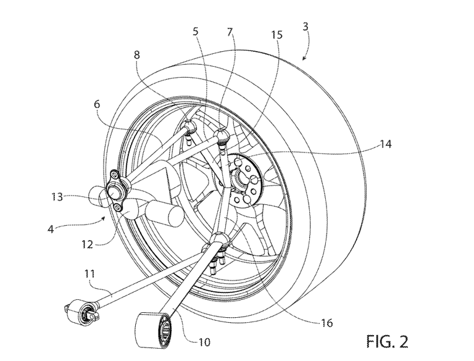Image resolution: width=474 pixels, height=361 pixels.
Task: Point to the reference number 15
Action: point(276,36)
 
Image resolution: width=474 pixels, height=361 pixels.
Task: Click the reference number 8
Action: point(136,54)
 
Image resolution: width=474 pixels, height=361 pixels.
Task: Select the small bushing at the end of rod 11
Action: point(80,310)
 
